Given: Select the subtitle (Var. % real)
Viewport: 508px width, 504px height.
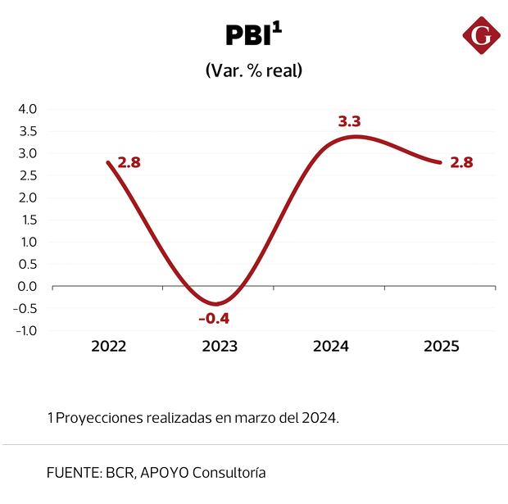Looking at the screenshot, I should [254, 70].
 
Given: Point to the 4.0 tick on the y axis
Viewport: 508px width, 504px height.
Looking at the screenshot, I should [27, 109].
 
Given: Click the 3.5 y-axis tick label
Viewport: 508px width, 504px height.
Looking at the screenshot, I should [27, 131].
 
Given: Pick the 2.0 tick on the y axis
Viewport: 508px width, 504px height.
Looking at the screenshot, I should [27, 198].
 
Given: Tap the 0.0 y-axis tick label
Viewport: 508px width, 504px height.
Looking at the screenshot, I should [27, 286].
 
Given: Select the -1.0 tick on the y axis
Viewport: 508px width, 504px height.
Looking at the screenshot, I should [25, 330].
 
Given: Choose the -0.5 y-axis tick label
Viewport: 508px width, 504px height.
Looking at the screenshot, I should [25, 308].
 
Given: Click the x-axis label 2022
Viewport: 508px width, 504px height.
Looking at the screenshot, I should [109, 347].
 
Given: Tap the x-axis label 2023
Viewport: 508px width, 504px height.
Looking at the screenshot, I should [220, 347].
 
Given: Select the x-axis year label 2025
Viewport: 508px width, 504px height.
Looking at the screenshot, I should [442, 347].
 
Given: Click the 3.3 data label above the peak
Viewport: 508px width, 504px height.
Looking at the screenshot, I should [349, 121].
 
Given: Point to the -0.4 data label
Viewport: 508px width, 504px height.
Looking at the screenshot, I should [214, 318].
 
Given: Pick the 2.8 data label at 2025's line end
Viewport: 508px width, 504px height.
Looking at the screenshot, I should [462, 162].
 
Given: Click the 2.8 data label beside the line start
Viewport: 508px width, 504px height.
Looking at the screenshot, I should [129, 162].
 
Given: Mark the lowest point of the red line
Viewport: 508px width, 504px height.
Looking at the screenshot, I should [215, 304].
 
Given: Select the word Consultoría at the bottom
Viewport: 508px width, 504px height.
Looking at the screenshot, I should [227, 473].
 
